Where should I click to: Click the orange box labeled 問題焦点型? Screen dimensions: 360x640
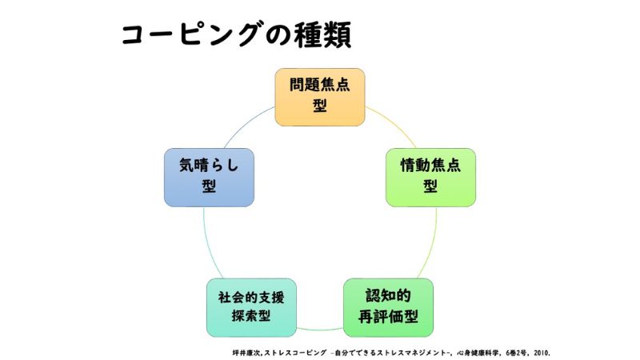point(320,96)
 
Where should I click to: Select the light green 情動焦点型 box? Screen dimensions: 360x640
point(430,175)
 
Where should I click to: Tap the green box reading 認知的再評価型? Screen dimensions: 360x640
point(389,306)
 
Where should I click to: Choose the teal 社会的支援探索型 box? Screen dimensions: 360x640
point(251,306)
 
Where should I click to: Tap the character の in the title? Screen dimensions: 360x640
point(273,34)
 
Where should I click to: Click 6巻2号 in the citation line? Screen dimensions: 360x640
point(511,352)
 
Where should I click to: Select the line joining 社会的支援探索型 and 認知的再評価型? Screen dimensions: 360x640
point(320,329)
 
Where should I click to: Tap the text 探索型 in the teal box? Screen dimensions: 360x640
point(251,315)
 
